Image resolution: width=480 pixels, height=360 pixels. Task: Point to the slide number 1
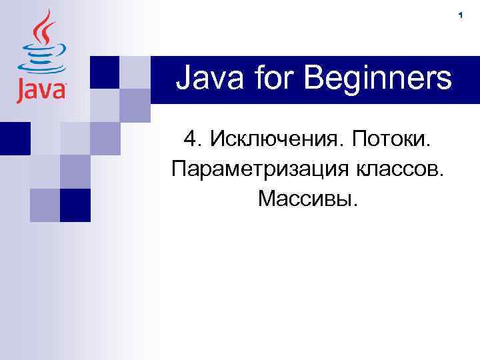coord(460,15)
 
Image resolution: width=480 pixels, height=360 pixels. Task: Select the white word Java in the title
coord(205,79)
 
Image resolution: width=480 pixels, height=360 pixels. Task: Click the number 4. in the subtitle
coord(192,140)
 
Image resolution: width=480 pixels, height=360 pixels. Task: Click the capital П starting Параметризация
coord(178,169)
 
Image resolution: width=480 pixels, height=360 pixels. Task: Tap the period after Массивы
coord(356,205)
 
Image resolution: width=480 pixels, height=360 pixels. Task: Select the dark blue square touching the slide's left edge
coord(13,138)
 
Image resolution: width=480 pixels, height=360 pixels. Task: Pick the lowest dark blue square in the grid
coord(75,205)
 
